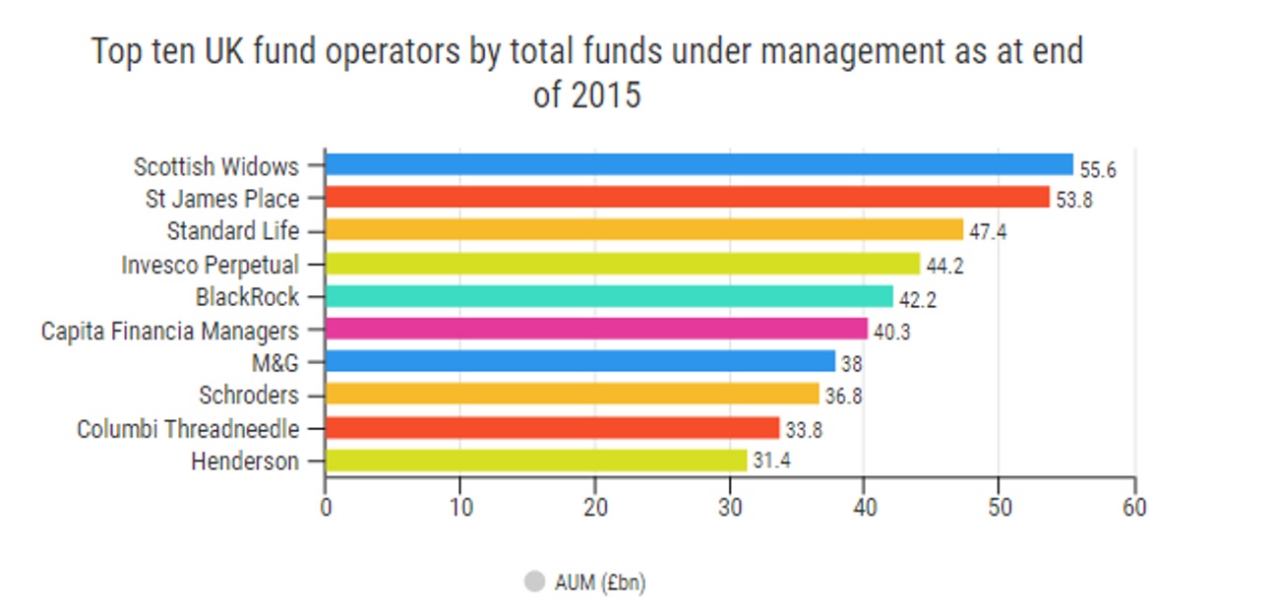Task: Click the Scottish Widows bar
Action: click(699, 164)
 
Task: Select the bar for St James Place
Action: click(687, 197)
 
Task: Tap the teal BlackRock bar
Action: click(608, 296)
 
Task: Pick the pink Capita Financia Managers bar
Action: click(596, 329)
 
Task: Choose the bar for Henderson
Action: click(535, 460)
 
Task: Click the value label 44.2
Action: click(944, 267)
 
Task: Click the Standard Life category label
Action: click(232, 231)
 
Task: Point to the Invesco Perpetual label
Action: click(210, 264)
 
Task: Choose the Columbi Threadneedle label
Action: click(188, 428)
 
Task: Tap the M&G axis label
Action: click(274, 362)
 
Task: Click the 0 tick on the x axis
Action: click(326, 508)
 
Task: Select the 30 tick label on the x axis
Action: click(730, 508)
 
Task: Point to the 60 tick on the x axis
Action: click(1134, 508)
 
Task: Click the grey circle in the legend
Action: click(534, 582)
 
